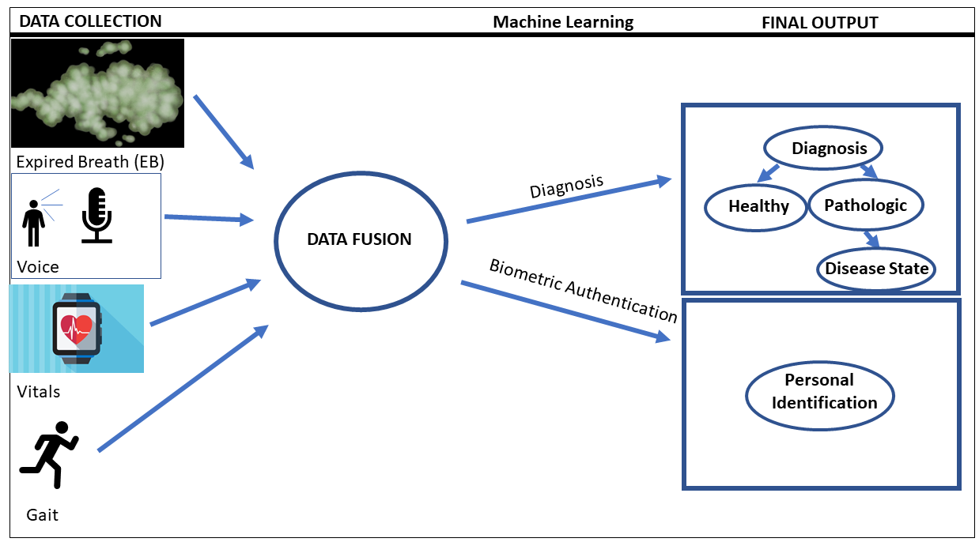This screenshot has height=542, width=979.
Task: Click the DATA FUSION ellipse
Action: (x=359, y=239)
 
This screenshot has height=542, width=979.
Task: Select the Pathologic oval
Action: (x=865, y=205)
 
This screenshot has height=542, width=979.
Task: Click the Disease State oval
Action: (x=876, y=269)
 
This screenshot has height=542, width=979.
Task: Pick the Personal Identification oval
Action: (x=819, y=392)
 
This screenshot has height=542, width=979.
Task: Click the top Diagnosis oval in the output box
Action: (x=822, y=148)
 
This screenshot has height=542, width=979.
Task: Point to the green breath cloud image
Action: (x=97, y=92)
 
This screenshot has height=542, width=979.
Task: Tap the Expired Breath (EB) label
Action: (x=89, y=162)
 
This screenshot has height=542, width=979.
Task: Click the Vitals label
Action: (x=38, y=391)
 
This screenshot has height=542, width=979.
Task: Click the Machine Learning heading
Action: (x=563, y=21)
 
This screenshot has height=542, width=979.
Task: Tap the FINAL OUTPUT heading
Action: (x=819, y=22)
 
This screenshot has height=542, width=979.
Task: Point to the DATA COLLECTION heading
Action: (x=90, y=21)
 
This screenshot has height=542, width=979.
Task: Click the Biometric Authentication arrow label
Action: (x=583, y=290)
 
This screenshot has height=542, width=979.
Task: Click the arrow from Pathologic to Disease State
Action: (x=872, y=238)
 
